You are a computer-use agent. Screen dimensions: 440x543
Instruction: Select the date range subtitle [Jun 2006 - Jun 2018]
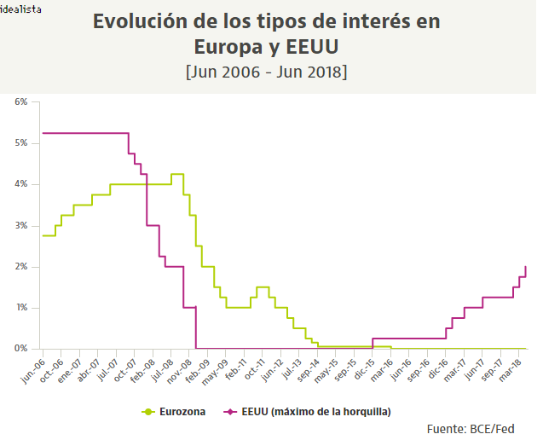[x=266, y=72]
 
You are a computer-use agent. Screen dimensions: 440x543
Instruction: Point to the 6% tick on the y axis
[x=21, y=101]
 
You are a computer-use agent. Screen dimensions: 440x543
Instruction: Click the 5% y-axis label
[x=21, y=142]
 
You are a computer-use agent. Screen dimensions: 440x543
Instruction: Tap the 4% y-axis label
[x=21, y=184]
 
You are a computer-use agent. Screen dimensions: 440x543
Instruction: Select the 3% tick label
[x=21, y=225]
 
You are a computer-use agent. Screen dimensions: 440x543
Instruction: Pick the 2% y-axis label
[x=21, y=267]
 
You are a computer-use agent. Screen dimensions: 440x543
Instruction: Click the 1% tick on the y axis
[x=21, y=308]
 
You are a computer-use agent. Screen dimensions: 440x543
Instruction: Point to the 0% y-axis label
[x=21, y=349]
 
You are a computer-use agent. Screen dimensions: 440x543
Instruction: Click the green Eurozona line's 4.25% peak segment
[x=177, y=174]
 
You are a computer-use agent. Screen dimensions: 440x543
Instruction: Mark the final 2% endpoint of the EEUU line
[x=525, y=267]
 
